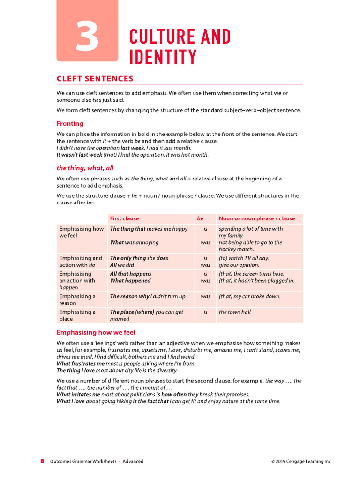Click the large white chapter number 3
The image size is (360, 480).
(x=87, y=38)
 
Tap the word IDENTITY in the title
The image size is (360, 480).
(x=163, y=57)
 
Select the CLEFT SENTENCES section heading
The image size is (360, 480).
(x=95, y=79)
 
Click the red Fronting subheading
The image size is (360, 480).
(x=70, y=124)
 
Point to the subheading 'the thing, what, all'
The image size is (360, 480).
(x=85, y=168)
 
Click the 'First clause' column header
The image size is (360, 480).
(x=124, y=218)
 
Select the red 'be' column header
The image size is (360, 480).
(x=200, y=218)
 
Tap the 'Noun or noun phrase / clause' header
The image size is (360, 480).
(x=257, y=218)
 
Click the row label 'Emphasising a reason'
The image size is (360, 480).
(x=77, y=300)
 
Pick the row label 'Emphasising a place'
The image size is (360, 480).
(x=77, y=315)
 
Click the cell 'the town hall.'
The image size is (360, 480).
(x=235, y=312)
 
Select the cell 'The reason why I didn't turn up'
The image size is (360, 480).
(x=148, y=296)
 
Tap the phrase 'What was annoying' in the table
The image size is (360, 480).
(x=134, y=242)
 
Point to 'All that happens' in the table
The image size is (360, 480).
(x=131, y=274)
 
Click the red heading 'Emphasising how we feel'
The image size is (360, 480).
(x=96, y=332)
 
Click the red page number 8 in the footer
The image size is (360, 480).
(x=42, y=461)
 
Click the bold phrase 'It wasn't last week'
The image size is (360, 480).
(x=79, y=154)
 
